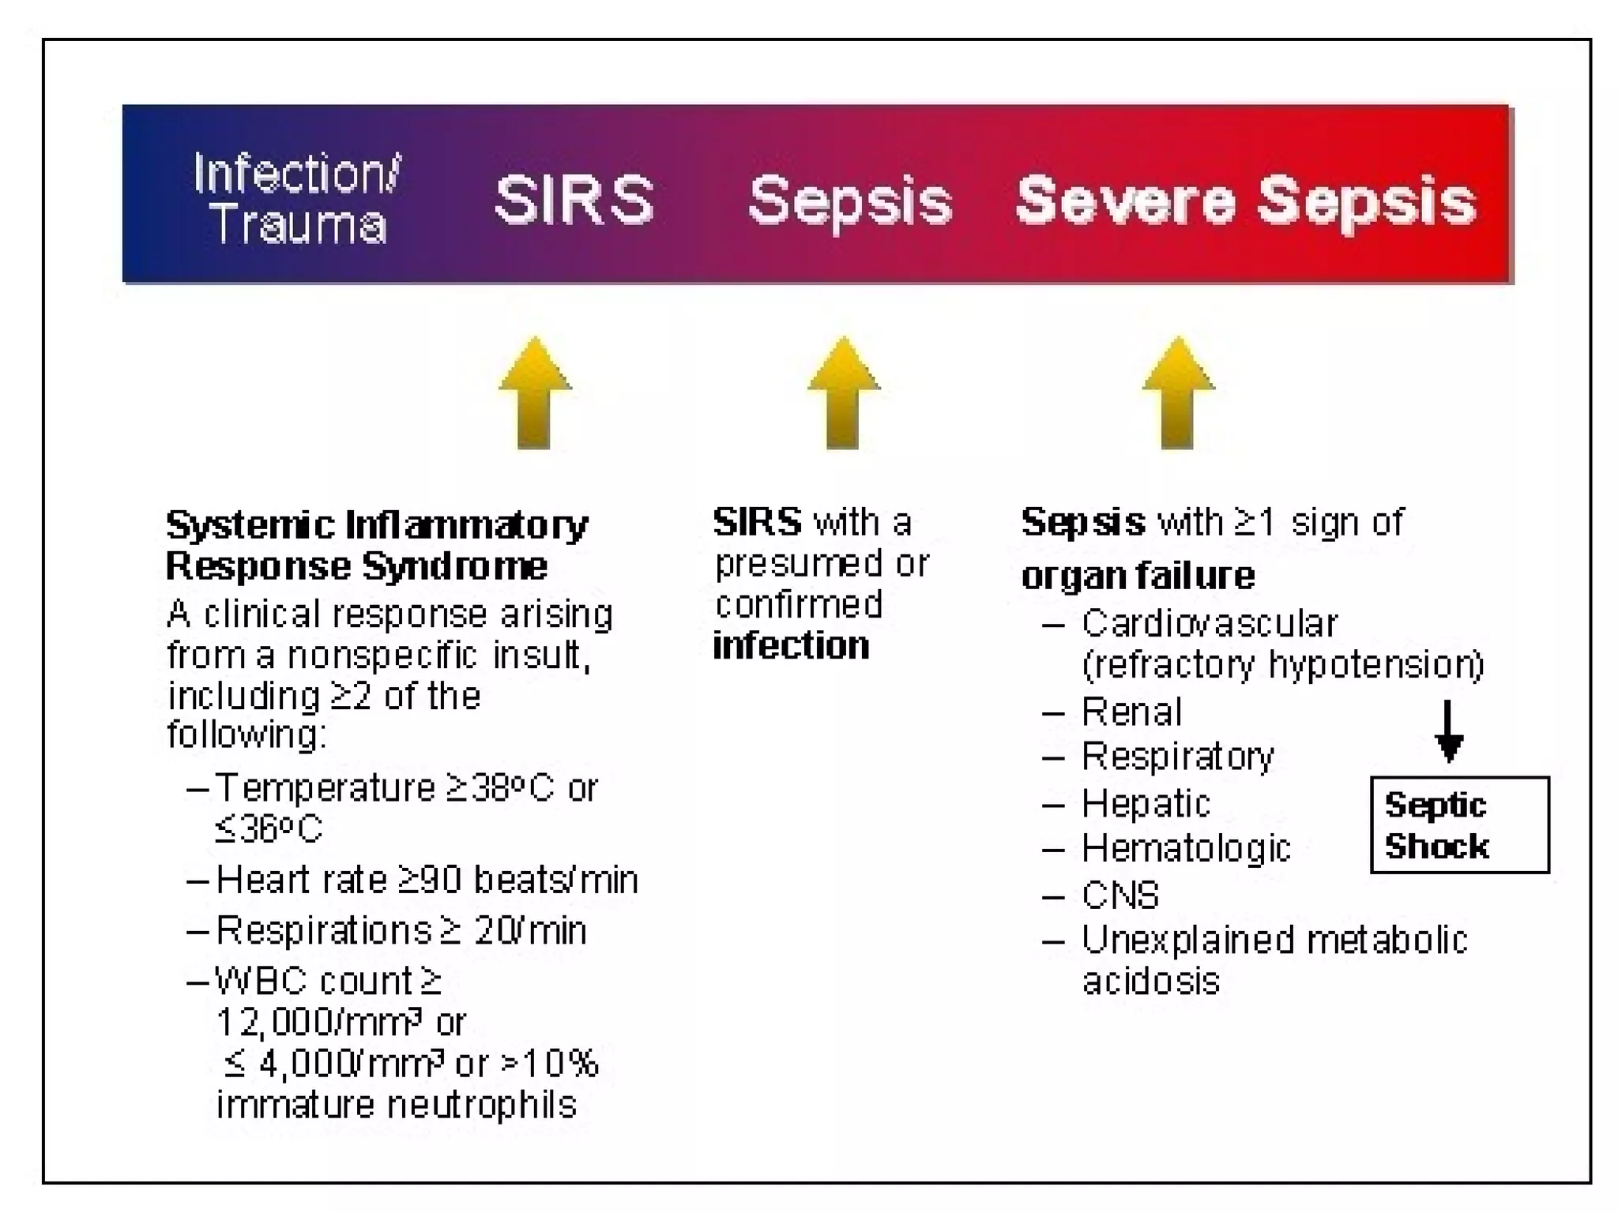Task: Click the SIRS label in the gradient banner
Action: coord(574,199)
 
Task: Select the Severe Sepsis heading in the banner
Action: coord(1246,201)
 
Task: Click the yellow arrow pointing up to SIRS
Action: coord(535,393)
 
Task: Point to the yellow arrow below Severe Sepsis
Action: coord(1178,393)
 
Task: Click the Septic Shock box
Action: coord(1458,825)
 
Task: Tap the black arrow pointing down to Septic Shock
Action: coord(1448,731)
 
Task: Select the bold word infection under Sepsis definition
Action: coord(791,646)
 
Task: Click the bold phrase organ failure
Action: coord(1138,575)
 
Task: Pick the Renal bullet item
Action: coord(1131,712)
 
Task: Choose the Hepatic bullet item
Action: coord(1146,804)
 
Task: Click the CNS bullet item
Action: coord(1120,896)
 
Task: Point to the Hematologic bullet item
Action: coord(1186,849)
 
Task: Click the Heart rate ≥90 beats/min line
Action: coord(427,880)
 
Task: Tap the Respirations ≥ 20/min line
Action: coord(401,930)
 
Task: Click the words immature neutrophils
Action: coord(397,1105)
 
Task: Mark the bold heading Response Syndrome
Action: coord(356,566)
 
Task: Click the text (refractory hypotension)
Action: coord(1283,665)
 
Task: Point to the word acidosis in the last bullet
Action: coord(1151,982)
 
